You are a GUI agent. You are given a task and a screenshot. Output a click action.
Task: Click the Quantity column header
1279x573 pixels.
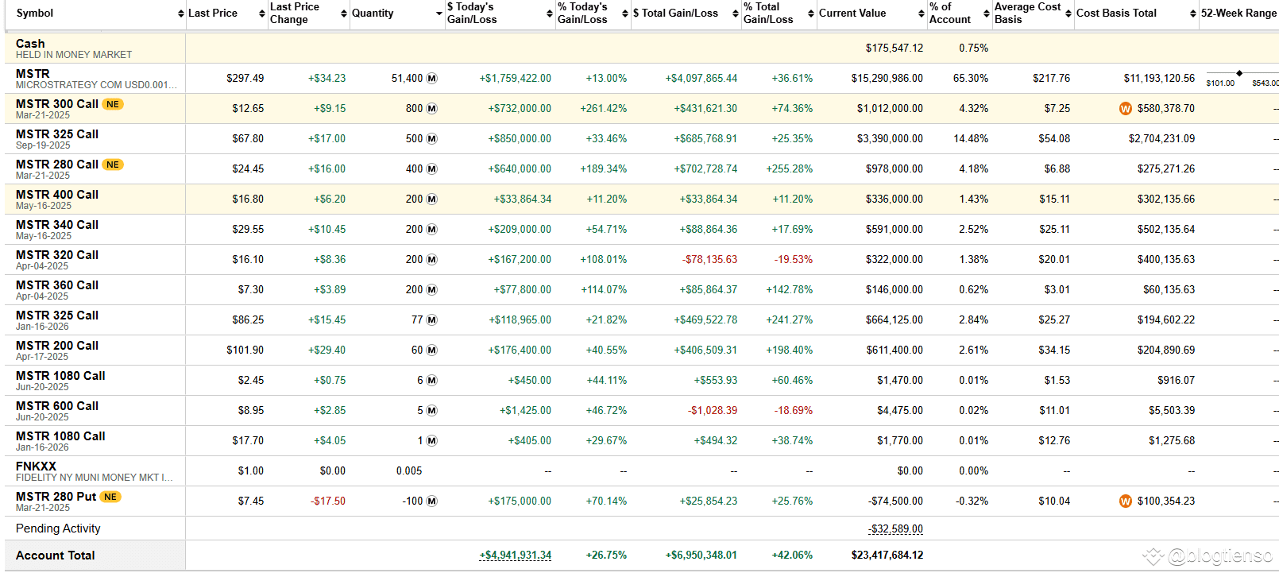click(373, 13)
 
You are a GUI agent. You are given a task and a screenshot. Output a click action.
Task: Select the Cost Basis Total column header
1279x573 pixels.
click(1116, 13)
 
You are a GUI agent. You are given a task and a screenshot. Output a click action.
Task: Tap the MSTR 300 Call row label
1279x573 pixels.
click(56, 104)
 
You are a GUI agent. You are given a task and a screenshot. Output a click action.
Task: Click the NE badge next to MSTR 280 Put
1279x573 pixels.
click(110, 497)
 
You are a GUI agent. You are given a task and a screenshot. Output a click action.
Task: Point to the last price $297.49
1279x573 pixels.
click(245, 78)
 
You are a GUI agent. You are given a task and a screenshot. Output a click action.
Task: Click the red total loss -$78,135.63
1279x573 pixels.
click(709, 259)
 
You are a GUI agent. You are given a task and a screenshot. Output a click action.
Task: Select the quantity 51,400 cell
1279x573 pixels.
click(407, 78)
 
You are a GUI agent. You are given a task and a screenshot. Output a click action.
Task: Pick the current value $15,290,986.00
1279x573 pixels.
click(887, 78)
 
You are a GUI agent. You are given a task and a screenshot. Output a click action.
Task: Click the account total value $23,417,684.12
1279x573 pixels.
click(887, 555)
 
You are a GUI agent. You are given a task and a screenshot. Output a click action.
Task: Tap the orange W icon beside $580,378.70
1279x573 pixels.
click(1125, 109)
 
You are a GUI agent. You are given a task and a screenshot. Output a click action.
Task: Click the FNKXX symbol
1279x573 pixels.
click(36, 467)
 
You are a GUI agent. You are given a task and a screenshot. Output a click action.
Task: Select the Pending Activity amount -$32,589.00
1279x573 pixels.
click(895, 528)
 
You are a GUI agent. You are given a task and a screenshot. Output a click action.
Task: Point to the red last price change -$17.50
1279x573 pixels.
click(327, 501)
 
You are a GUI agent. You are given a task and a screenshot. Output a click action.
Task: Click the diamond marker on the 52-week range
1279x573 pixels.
click(1239, 73)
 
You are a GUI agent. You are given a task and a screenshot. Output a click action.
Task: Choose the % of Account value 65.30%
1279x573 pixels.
click(971, 78)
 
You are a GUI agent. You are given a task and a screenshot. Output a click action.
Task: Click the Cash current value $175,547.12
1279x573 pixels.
click(894, 48)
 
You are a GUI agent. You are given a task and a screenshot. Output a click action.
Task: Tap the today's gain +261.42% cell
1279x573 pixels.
click(603, 108)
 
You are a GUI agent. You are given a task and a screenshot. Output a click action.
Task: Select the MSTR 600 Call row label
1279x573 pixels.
click(56, 406)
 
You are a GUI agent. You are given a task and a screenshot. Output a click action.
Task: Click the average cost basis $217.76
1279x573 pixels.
click(1051, 78)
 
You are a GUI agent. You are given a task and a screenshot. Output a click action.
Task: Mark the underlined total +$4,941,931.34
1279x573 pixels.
click(515, 555)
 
